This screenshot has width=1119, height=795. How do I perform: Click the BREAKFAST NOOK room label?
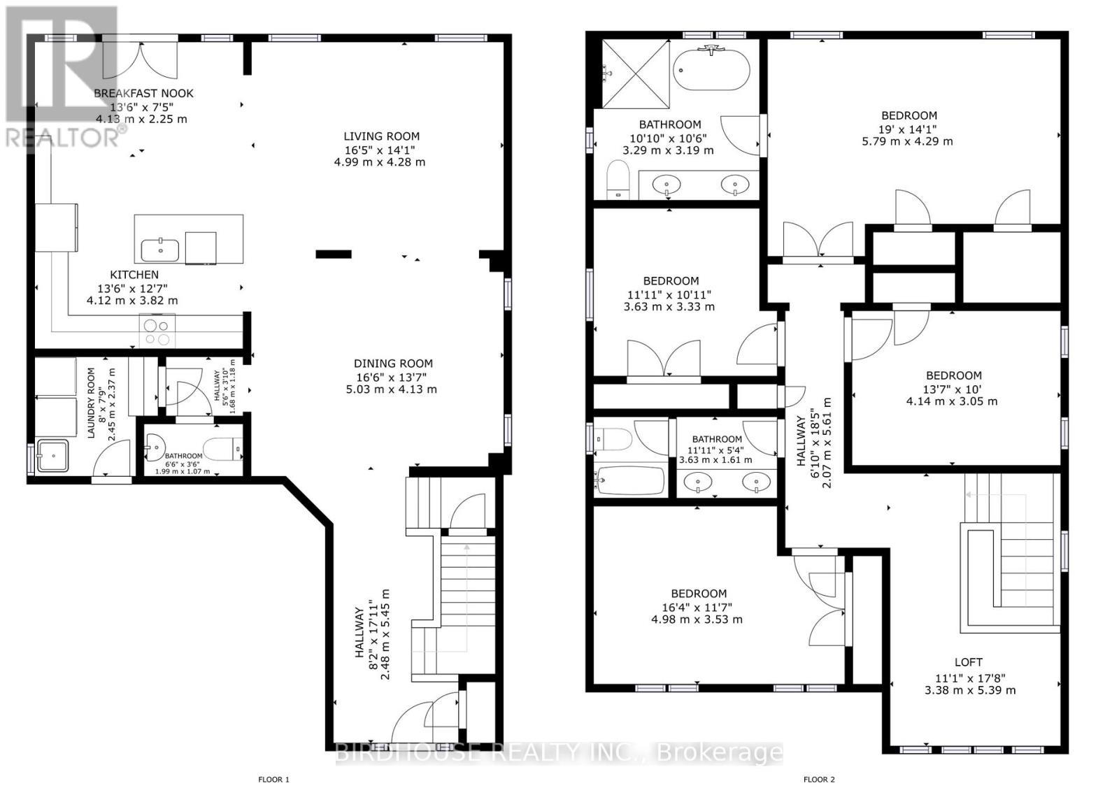143,93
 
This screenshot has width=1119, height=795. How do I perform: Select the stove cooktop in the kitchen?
157,331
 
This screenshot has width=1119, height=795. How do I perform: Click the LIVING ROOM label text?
381,136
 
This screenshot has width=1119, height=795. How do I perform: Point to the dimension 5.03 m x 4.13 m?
391,389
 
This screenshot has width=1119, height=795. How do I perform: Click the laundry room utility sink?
53,455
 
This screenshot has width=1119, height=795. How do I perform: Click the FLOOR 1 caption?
273,779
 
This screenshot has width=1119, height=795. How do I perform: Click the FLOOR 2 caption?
819,779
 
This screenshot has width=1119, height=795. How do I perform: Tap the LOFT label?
969,662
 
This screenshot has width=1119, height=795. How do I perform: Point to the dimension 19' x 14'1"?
908,129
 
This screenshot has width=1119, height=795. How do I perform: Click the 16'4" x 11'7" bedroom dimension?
698,607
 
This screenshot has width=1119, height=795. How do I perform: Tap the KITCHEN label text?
134,275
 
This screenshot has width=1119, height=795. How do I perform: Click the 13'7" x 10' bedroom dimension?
953,389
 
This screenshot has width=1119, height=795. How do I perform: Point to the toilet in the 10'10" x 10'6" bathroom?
618,180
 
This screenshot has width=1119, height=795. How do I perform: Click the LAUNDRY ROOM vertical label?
91,403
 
